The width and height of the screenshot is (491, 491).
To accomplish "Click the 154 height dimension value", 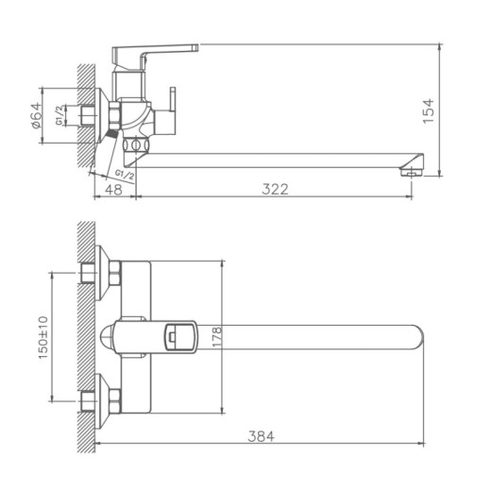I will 430,111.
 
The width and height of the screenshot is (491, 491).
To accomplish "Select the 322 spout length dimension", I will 274,188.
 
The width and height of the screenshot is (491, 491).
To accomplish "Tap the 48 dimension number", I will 113,188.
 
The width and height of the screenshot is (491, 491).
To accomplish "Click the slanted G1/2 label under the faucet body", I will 123,175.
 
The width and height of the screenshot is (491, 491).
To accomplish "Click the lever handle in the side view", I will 156,49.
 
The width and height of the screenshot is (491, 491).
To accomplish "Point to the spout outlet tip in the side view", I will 412,171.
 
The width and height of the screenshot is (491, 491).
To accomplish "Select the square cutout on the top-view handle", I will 176,335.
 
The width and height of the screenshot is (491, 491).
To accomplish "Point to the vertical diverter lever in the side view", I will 174,109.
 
